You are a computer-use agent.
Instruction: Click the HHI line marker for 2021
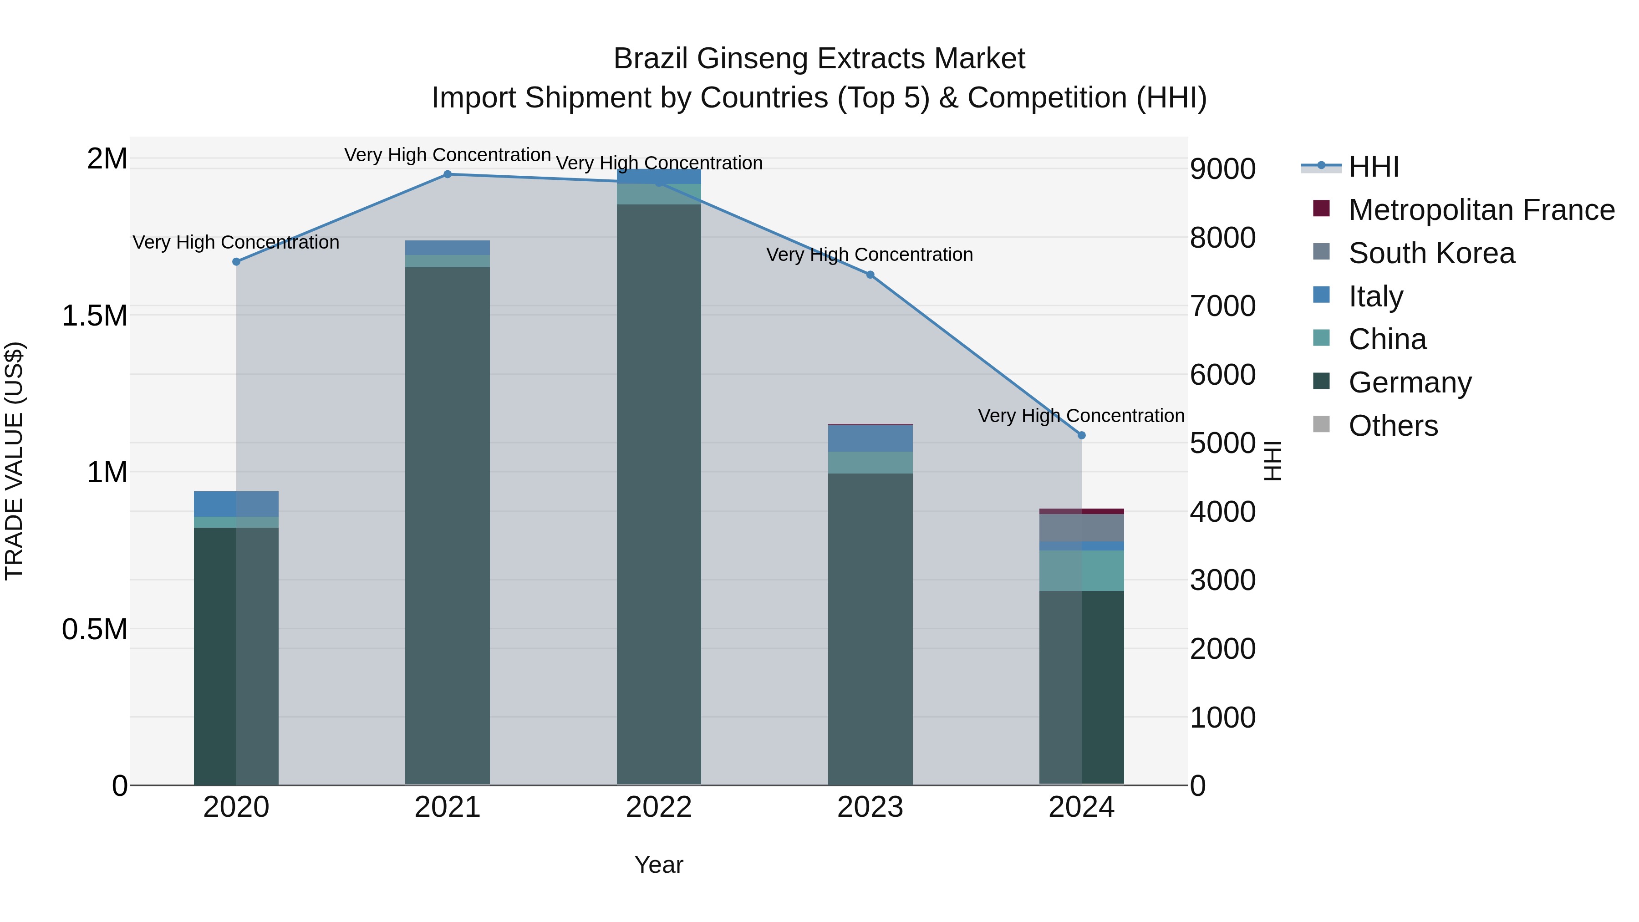447,174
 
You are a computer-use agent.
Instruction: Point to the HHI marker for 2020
236,261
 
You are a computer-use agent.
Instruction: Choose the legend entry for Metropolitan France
1481,210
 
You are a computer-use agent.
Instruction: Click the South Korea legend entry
1431,253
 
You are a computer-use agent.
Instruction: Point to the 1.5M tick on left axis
95,316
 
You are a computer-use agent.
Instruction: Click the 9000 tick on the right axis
1222,169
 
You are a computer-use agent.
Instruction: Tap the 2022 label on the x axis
658,807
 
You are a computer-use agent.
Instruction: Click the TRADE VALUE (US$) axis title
14,461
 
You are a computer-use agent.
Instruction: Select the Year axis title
658,865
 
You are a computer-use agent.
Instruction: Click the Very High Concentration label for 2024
1080,416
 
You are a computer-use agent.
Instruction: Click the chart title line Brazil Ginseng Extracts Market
819,59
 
